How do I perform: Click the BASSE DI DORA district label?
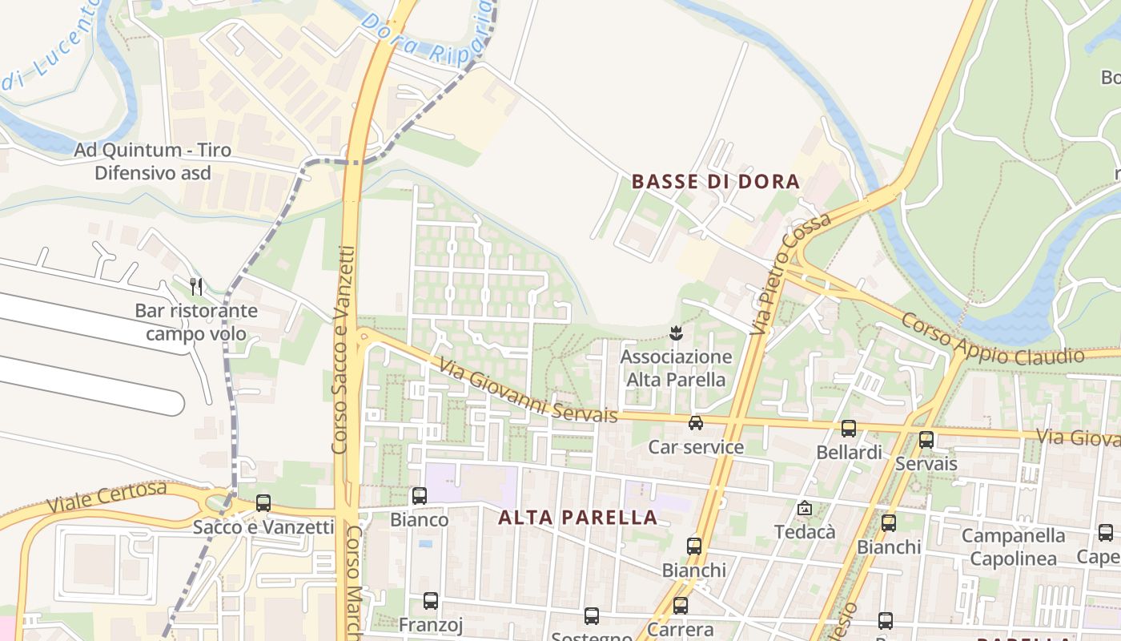pyautogui.click(x=716, y=182)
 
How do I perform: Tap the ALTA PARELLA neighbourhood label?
pyautogui.click(x=577, y=518)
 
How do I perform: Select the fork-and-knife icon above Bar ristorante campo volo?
pyautogui.click(x=196, y=286)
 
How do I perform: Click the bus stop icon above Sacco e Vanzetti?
pyautogui.click(x=263, y=503)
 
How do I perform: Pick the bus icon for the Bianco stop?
pyautogui.click(x=419, y=496)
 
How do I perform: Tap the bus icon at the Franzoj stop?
pyautogui.click(x=431, y=601)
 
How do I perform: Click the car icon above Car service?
pyautogui.click(x=696, y=422)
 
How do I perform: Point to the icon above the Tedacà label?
pyautogui.click(x=804, y=508)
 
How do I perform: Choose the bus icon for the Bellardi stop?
pyautogui.click(x=848, y=429)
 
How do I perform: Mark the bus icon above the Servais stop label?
pyautogui.click(x=926, y=440)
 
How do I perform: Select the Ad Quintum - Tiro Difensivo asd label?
pyautogui.click(x=152, y=161)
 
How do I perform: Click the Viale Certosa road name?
pyautogui.click(x=106, y=497)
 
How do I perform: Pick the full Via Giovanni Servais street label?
pyautogui.click(x=528, y=390)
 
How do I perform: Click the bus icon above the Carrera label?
pyautogui.click(x=680, y=606)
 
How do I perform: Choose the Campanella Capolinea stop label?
pyautogui.click(x=1014, y=546)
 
